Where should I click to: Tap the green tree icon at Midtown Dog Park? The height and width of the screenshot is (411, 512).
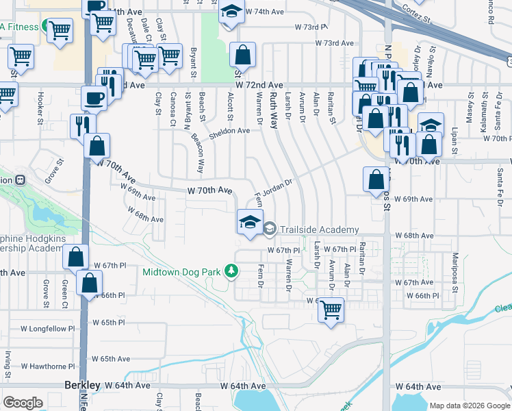point(232,272)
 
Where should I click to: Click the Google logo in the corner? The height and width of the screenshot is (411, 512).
point(23,403)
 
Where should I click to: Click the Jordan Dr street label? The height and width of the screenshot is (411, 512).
point(279,186)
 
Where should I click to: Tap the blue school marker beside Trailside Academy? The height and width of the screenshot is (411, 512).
point(250,221)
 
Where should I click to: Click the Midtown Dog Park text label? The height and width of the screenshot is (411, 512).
point(181,272)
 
